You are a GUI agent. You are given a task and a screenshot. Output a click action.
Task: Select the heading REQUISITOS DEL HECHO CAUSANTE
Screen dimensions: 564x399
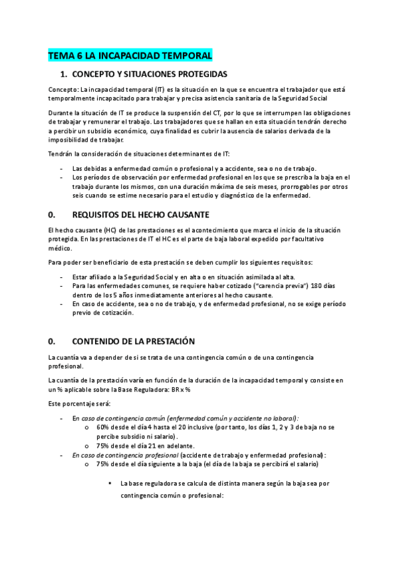tap(140, 214)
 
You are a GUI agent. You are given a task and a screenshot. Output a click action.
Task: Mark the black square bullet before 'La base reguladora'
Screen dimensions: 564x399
tap(110, 483)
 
